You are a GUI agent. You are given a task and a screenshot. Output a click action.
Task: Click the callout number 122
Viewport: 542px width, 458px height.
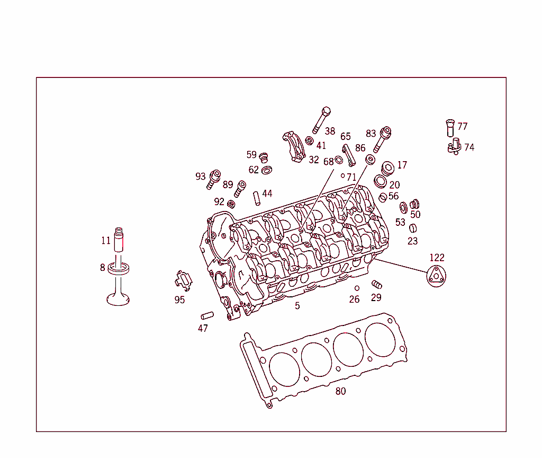(437, 258)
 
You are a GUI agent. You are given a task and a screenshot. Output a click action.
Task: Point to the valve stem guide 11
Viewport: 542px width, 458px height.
(119, 240)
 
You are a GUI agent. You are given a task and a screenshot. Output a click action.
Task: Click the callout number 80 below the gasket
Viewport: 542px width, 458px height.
(340, 392)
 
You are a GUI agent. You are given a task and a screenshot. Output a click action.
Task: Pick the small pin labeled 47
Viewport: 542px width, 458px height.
(206, 315)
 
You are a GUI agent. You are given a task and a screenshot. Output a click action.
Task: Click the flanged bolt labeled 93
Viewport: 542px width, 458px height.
(214, 178)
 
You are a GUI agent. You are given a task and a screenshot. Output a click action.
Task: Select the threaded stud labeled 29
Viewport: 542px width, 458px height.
(377, 284)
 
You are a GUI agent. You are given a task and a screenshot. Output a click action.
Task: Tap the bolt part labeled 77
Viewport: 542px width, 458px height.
(450, 127)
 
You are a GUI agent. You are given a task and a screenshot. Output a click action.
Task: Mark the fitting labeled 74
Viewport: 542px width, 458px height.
(455, 147)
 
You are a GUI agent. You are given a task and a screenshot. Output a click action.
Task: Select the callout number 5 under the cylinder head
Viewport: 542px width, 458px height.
(297, 306)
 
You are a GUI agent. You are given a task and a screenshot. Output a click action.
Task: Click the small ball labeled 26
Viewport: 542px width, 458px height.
(357, 288)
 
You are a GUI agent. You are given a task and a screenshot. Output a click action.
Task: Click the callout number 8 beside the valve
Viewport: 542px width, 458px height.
(103, 268)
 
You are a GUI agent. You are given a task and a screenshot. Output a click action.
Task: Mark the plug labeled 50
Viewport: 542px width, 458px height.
(414, 204)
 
